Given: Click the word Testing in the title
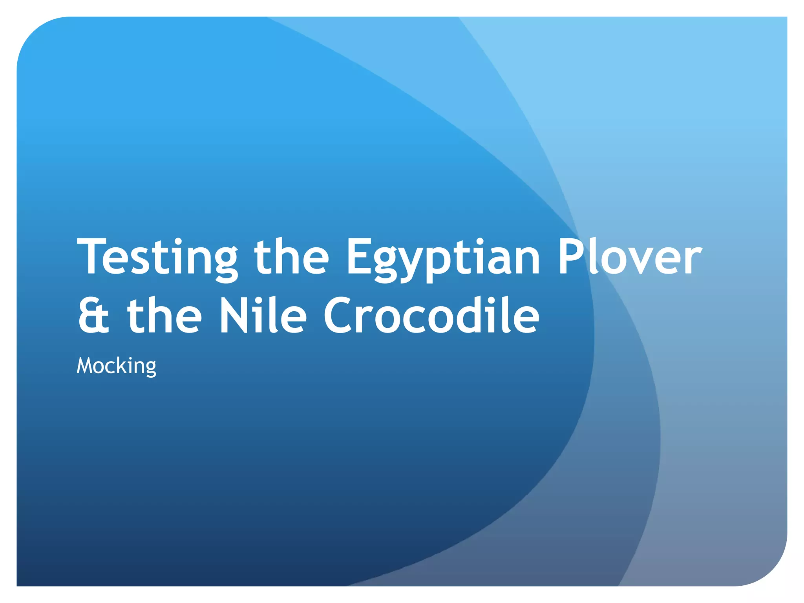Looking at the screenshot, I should pyautogui.click(x=157, y=257).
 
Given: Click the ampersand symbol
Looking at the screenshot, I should pyautogui.click(x=93, y=316).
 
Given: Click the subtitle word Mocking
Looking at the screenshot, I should pyautogui.click(x=117, y=366).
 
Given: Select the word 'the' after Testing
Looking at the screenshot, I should pyautogui.click(x=291, y=257).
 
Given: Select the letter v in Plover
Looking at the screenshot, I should pyautogui.click(x=640, y=261).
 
